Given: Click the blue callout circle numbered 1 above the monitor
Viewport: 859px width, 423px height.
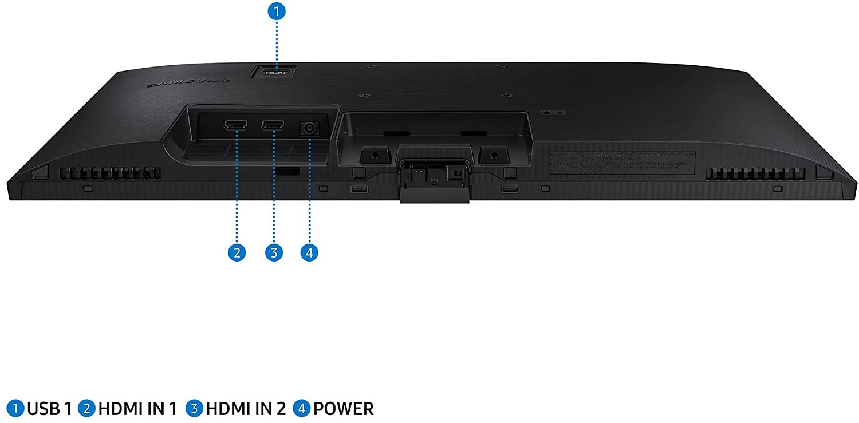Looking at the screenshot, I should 277,11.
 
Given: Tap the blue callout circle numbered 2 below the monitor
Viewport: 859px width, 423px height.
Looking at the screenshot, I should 237,252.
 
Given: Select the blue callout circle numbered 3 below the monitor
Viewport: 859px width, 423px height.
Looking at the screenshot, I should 274,252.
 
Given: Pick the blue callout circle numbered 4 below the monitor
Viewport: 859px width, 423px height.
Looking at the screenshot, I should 309,252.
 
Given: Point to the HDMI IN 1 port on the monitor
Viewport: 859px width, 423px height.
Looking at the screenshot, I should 236,125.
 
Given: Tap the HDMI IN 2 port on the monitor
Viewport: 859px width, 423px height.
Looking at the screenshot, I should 273,125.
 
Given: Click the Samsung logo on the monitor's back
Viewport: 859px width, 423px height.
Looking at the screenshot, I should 188,82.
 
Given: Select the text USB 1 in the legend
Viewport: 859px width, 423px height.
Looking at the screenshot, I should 50,409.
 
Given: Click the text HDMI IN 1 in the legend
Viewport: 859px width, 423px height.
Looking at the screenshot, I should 137,409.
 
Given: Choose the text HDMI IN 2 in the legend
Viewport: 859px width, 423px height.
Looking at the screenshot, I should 246,409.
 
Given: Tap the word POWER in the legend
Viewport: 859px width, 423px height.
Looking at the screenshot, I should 343,409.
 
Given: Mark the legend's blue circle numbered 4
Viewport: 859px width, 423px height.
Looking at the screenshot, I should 301,409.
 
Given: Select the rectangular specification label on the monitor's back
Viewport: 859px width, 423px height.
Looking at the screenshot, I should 622,163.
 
